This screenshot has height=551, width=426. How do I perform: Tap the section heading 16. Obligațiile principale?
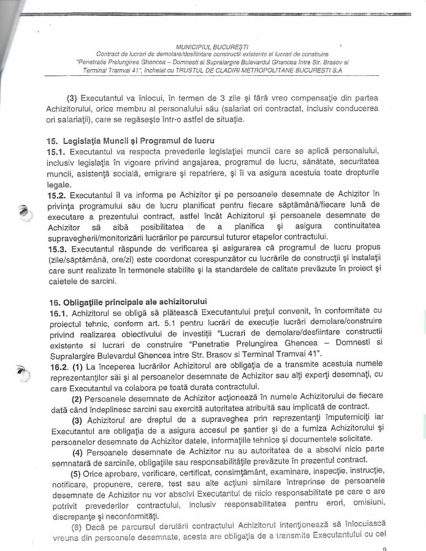[126, 301]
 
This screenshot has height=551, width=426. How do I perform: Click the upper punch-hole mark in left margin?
[23, 212]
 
